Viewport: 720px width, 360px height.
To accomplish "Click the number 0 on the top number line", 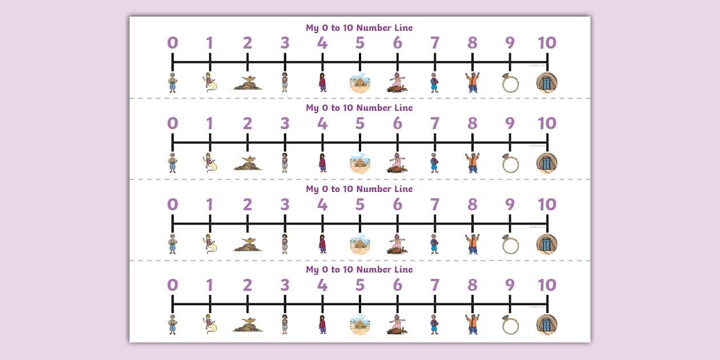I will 173,43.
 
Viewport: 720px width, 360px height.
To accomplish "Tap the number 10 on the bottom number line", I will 547,285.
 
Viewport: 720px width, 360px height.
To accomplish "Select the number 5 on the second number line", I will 360,123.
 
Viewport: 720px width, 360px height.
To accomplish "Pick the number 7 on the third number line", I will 435,205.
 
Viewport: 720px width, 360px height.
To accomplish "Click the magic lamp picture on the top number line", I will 247,83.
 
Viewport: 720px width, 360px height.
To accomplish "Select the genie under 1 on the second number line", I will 210,163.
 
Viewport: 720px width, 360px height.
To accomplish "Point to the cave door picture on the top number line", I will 547,83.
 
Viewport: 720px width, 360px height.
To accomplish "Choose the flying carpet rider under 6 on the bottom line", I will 397,325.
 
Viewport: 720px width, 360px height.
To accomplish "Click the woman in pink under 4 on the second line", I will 322,163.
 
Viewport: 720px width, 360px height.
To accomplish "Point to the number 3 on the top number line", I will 285,43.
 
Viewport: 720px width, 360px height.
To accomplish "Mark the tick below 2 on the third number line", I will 247,223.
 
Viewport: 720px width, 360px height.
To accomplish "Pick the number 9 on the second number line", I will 510,123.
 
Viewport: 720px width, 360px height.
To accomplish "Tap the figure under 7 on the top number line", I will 435,83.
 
